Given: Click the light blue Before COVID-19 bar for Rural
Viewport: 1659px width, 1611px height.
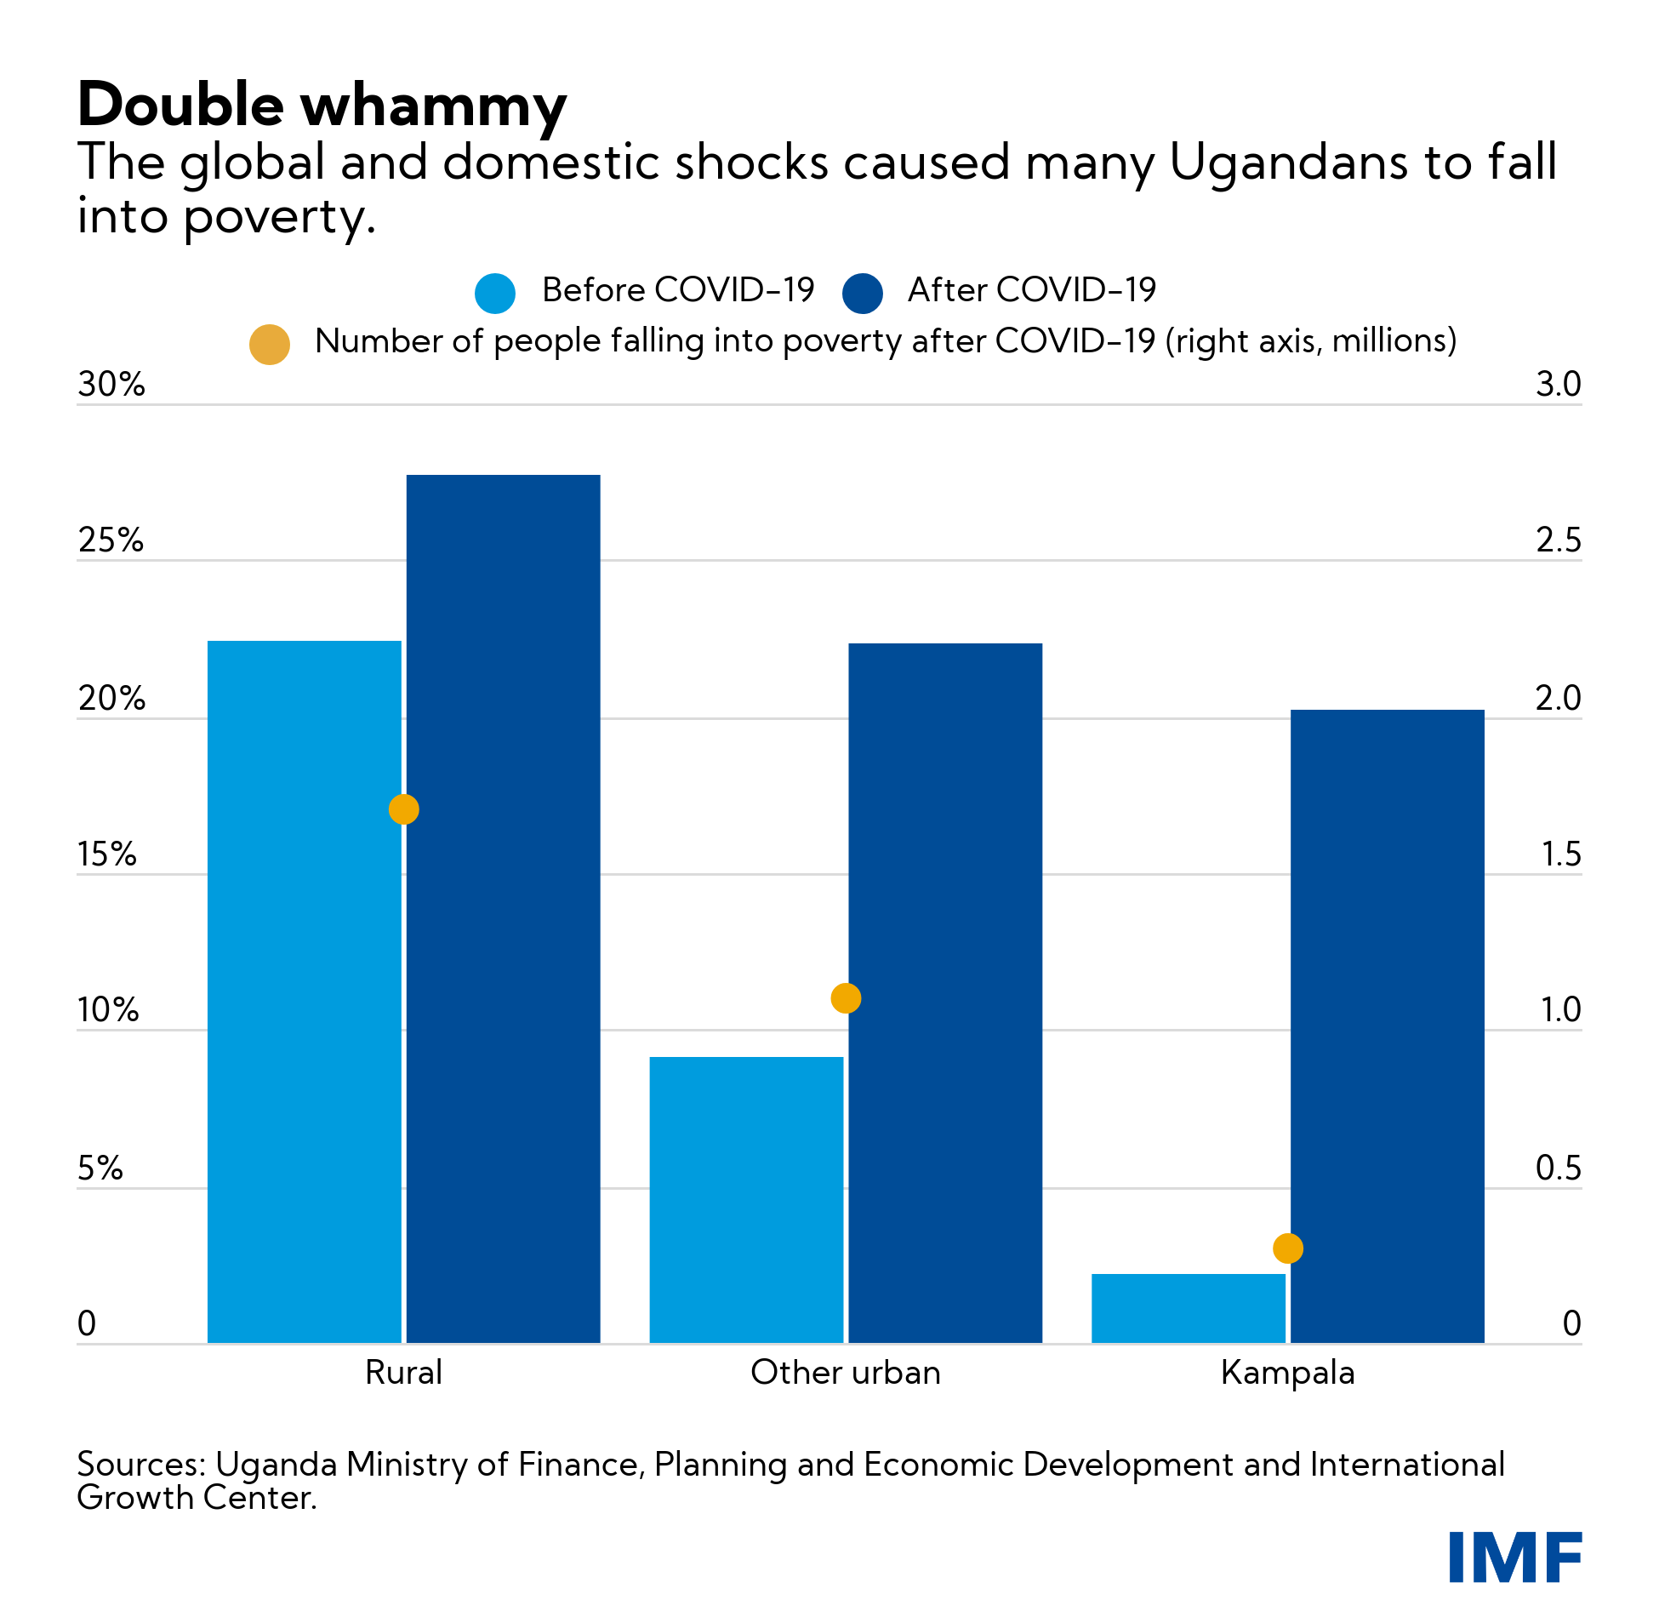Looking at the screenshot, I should click(x=304, y=991).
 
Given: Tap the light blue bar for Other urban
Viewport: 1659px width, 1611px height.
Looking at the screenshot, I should click(x=746, y=1200).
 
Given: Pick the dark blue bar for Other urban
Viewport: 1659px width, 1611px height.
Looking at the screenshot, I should click(x=945, y=993).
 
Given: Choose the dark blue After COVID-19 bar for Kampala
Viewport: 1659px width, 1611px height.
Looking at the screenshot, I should click(x=1387, y=1026).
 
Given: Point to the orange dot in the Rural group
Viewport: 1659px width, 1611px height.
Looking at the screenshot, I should click(x=403, y=809).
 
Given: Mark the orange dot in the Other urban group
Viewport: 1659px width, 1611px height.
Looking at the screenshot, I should click(x=846, y=997).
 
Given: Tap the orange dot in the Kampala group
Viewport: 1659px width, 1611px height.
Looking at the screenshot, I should click(x=1288, y=1248).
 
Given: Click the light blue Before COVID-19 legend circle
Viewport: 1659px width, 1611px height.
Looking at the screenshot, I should click(x=495, y=293).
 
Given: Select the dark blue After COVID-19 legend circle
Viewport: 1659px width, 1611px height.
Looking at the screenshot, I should click(x=862, y=293).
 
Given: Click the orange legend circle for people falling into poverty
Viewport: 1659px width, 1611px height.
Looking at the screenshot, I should click(x=270, y=345).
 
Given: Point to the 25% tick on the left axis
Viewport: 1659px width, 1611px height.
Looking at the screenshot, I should click(x=111, y=540).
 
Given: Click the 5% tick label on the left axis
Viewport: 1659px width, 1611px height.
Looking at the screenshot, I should click(x=100, y=1168).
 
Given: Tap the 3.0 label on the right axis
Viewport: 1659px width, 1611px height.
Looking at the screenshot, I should click(x=1558, y=385).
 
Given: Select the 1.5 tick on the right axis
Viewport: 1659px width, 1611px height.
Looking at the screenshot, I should click(x=1560, y=854).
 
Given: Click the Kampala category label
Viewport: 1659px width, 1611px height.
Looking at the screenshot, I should click(x=1287, y=1373).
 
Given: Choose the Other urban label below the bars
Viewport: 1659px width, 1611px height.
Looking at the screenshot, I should click(x=845, y=1373).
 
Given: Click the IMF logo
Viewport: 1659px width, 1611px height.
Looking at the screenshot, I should click(x=1514, y=1557).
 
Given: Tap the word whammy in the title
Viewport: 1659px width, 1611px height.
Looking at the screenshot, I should click(x=434, y=106).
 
